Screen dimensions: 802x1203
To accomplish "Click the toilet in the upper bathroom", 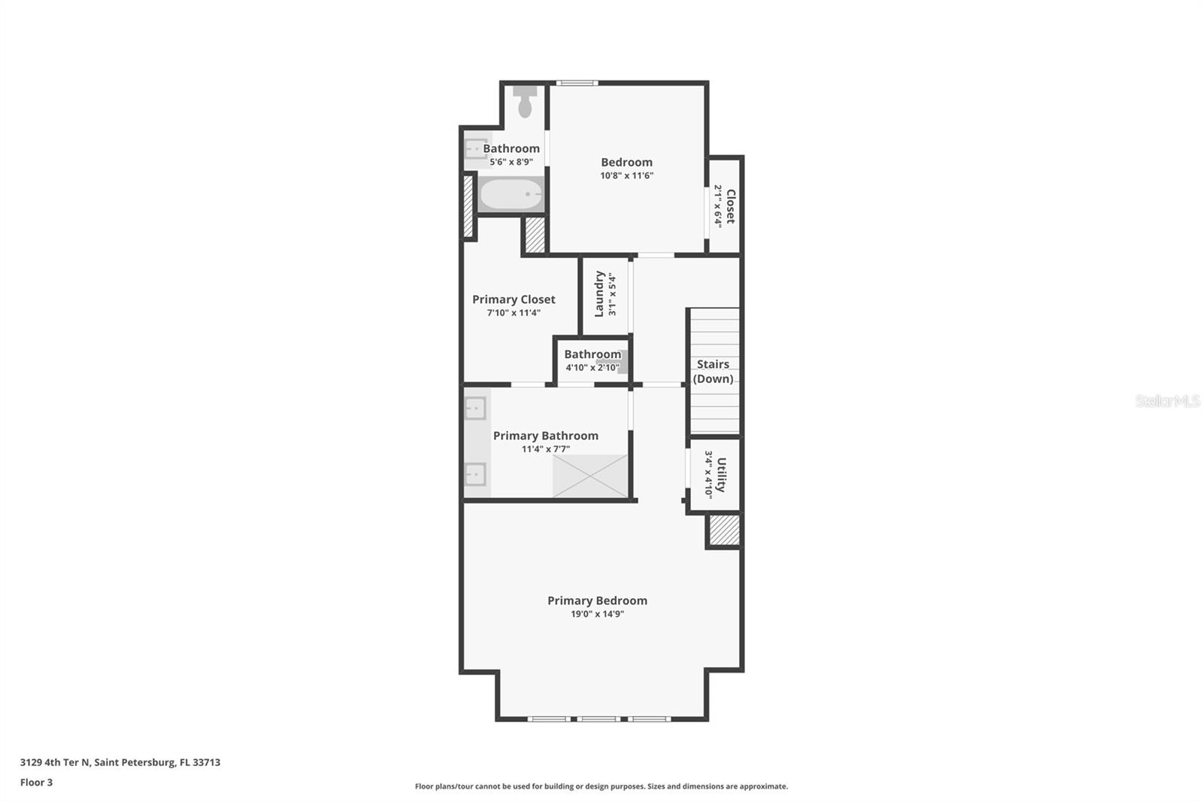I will click(x=525, y=102).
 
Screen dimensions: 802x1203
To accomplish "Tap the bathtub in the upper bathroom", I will click(x=511, y=195).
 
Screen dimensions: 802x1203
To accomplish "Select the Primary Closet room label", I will click(x=514, y=299).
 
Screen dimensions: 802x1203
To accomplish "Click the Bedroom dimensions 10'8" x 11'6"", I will click(x=626, y=176).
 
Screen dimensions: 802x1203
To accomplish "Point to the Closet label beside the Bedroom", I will click(x=729, y=206).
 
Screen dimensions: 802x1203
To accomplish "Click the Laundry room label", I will click(x=599, y=294).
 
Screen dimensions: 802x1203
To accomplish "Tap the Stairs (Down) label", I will click(x=713, y=371).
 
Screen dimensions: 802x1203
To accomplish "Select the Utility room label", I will click(x=721, y=475).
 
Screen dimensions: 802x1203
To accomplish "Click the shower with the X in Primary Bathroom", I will click(x=590, y=475).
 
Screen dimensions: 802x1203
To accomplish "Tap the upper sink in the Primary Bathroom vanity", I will click(x=475, y=409).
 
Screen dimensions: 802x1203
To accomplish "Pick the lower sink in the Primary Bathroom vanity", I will click(x=475, y=474).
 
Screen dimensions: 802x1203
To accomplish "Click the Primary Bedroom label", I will click(x=597, y=600).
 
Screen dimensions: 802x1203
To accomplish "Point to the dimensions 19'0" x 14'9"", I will click(x=597, y=614).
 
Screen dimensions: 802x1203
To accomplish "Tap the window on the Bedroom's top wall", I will click(x=577, y=83).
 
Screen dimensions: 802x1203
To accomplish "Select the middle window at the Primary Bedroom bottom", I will click(x=599, y=719).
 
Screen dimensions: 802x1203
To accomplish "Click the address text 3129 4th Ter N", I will click(x=120, y=762).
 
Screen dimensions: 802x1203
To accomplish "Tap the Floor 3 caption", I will click(x=36, y=782).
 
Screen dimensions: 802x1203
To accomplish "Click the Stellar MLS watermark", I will click(x=1167, y=401).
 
